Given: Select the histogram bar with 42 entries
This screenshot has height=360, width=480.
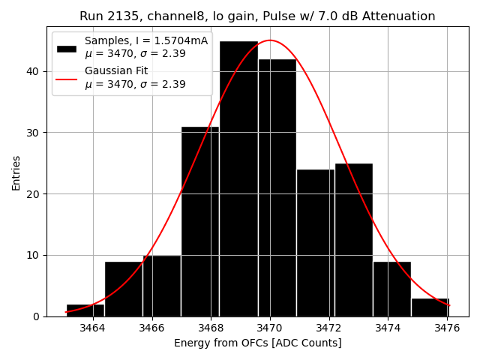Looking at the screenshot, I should click(277, 187).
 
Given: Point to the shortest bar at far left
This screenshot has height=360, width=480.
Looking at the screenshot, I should click(85, 310).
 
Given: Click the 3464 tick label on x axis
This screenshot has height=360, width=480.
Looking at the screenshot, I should click(92, 328).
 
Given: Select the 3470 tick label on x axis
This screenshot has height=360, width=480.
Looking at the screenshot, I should click(270, 328).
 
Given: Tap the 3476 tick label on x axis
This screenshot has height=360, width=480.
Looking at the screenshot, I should click(448, 328).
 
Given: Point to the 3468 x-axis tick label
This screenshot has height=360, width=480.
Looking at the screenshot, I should click(211, 328).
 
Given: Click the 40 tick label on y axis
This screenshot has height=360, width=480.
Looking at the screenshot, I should click(34, 71).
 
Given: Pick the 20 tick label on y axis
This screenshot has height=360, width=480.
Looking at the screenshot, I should click(34, 193).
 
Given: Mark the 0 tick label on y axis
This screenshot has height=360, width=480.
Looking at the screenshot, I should click(37, 316).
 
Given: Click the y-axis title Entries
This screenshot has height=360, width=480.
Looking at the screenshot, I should click(16, 172).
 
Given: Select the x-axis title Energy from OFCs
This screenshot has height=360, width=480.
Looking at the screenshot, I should click(257, 343).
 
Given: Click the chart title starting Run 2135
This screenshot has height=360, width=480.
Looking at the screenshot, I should click(257, 16).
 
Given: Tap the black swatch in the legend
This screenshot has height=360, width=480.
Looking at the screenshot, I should click(67, 48).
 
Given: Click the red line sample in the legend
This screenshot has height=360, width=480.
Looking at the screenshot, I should click(67, 78).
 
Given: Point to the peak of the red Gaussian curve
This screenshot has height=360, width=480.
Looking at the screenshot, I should click(270, 40).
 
